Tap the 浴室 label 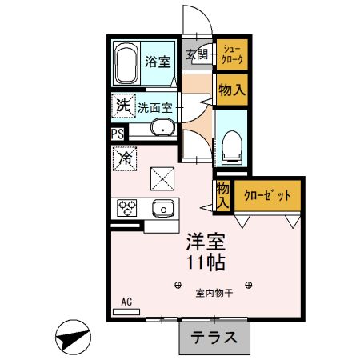[x=157, y=62]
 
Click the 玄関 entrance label [x=197, y=55]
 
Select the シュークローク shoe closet [x=231, y=54]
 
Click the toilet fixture [x=232, y=146]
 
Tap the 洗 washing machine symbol [x=122, y=105]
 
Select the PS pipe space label [x=118, y=134]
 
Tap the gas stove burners [x=128, y=209]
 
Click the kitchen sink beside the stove [x=163, y=209]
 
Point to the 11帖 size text [x=206, y=262]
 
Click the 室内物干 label [x=214, y=293]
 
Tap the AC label [x=126, y=302]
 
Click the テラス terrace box [x=214, y=337]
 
